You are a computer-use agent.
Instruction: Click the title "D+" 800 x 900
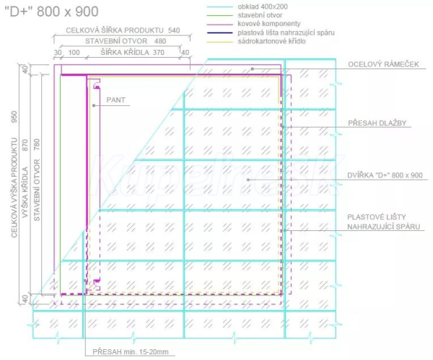tap(52, 12)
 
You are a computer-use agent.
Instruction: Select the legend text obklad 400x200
tap(263, 6)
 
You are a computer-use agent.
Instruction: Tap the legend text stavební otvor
tap(260, 15)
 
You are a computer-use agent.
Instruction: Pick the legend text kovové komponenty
tap(269, 24)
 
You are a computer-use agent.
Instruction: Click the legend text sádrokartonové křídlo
tap(272, 41)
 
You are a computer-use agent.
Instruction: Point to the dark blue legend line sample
tap(220, 33)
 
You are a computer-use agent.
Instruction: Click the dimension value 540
tap(174, 30)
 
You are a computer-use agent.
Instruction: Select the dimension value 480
tap(160, 41)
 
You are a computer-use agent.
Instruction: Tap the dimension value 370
tap(159, 52)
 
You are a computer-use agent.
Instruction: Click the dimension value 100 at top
tap(74, 53)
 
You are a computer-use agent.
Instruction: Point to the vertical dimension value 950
tap(14, 117)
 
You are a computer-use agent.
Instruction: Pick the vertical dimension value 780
tap(37, 145)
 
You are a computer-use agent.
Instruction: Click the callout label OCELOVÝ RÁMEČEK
tap(383, 64)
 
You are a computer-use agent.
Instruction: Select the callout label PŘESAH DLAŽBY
tap(377, 123)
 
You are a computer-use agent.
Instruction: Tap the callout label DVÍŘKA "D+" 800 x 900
tap(385, 175)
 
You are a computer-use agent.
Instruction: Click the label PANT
tap(115, 100)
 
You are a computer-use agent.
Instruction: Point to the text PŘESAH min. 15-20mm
tap(131, 352)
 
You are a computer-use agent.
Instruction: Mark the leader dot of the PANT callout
tap(94, 105)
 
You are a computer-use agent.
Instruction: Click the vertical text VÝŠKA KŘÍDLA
tap(25, 192)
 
